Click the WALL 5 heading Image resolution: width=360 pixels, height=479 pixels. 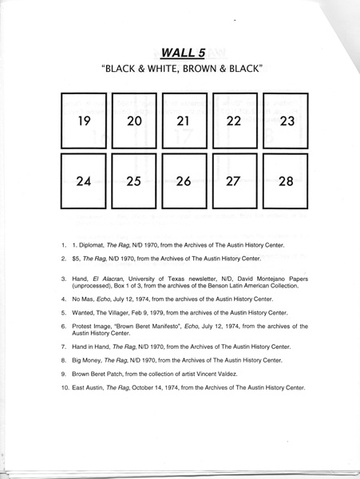pyautogui.click(x=181, y=53)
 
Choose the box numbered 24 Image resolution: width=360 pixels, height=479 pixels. pyautogui.click(x=84, y=181)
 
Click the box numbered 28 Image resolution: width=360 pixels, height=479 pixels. pyautogui.click(x=285, y=181)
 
